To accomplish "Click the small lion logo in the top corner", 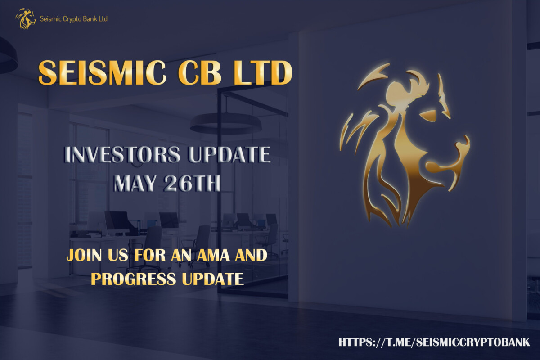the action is [26, 19].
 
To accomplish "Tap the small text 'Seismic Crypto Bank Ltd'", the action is [73, 19].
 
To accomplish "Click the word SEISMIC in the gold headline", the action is [102, 72].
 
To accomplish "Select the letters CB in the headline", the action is [199, 72].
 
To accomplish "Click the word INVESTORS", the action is [122, 154].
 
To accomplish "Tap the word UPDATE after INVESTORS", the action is [229, 154].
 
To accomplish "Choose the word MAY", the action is [135, 183].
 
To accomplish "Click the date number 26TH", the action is [192, 183].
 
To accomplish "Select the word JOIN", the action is [84, 255].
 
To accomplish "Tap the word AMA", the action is [213, 255].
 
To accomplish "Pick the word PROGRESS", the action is [133, 279].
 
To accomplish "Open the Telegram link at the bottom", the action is [434, 342].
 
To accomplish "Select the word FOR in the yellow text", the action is [149, 255].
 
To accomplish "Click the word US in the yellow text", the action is [117, 255].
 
